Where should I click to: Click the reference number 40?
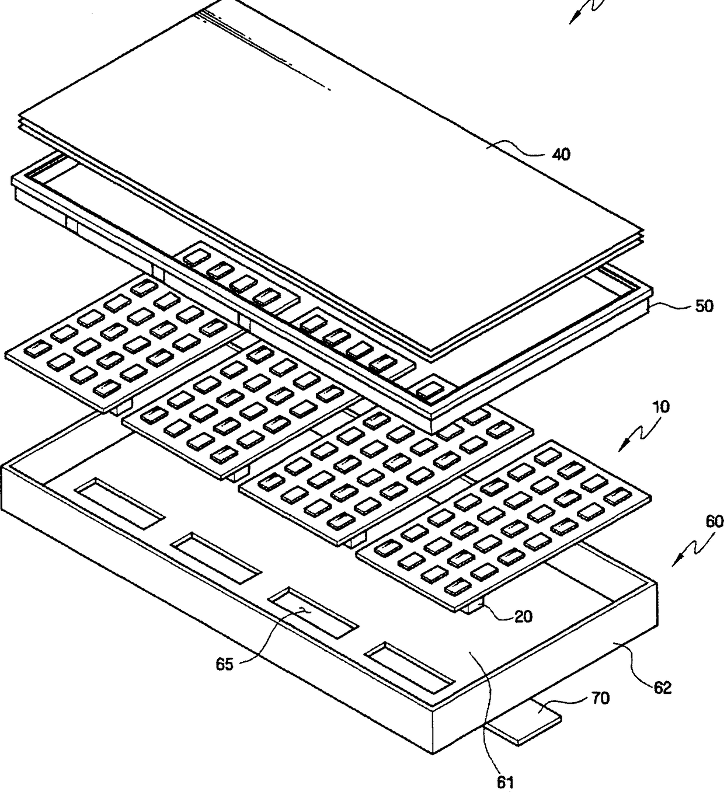pos(561,155)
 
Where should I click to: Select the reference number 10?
pos(660,407)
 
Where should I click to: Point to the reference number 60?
pos(713,521)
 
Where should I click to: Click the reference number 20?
pos(523,616)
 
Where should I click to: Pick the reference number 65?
pos(225,664)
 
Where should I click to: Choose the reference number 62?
pos(662,688)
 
